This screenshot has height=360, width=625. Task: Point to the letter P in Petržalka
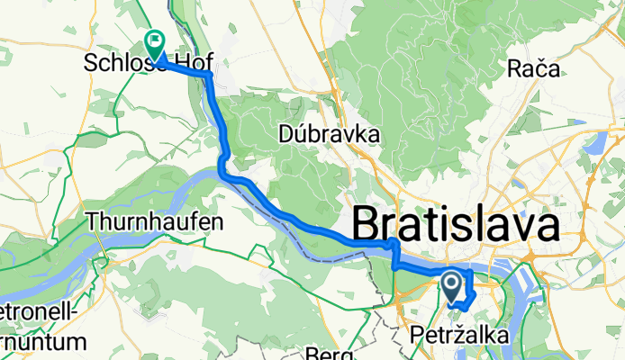(x=415, y=337)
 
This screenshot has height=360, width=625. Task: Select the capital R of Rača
(x=514, y=68)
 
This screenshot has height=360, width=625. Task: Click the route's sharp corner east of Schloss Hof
(x=210, y=76)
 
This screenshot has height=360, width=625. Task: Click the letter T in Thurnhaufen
(x=93, y=220)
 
